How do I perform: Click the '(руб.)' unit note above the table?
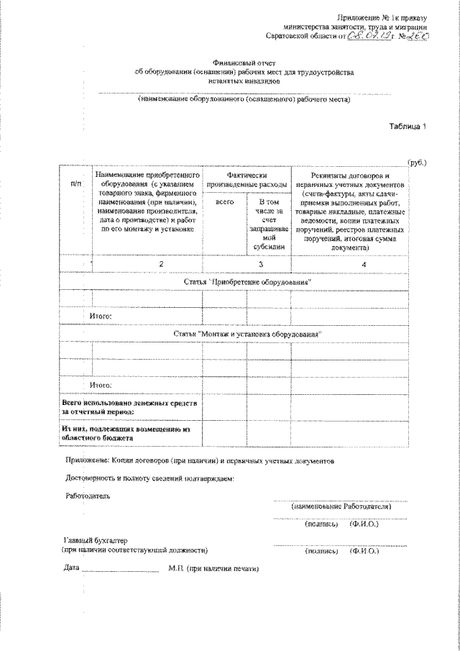tap(418, 163)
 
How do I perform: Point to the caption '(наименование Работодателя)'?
tap(340, 506)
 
